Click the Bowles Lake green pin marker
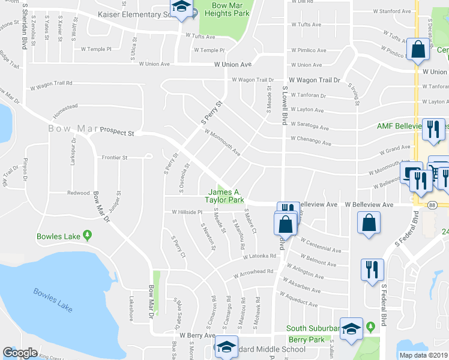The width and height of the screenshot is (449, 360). (x=88, y=236)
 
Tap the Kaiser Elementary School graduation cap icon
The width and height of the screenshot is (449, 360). (x=179, y=9)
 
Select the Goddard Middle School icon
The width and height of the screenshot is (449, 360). (x=226, y=348)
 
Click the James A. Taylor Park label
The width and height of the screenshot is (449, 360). (x=224, y=196)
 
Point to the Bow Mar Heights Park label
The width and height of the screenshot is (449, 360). (x=225, y=8)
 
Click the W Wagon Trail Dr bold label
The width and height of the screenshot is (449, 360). (x=314, y=80)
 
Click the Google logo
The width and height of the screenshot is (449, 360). (x=20, y=353)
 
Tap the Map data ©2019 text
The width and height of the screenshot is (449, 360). (x=423, y=355)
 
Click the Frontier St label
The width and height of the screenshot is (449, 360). (x=116, y=158)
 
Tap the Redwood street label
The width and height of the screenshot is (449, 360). (x=78, y=193)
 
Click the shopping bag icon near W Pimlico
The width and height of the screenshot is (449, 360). (x=418, y=50)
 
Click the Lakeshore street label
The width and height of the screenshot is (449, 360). (x=130, y=308)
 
